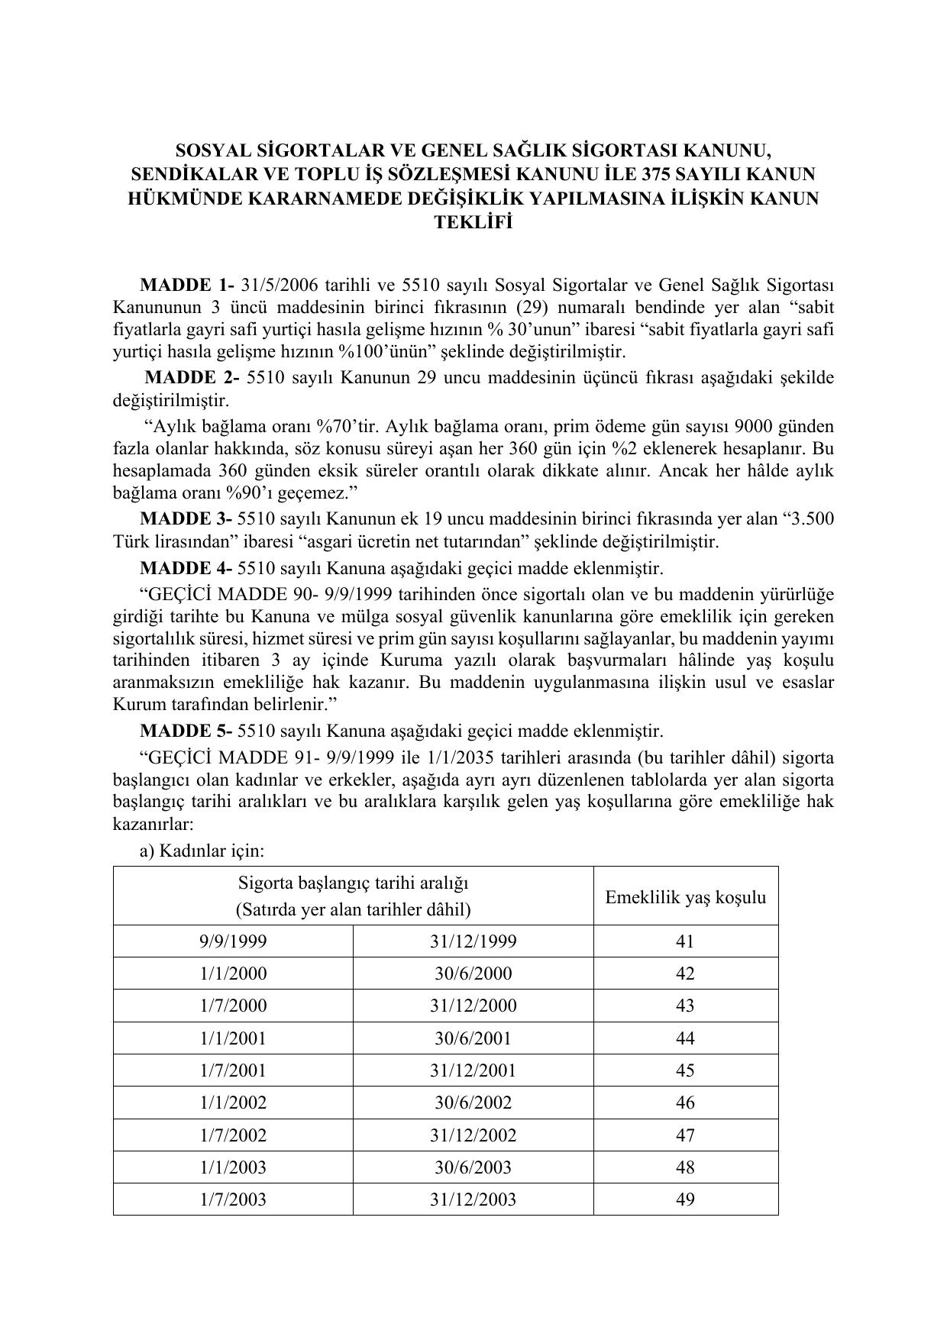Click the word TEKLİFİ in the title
(473, 222)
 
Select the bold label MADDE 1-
(187, 286)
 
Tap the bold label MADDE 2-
(192, 378)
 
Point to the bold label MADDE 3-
(186, 519)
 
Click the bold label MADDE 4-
(186, 568)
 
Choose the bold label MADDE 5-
(186, 731)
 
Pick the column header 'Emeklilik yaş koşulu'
(685, 896)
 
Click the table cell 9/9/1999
(233, 941)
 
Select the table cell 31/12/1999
(473, 941)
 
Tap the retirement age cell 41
(685, 941)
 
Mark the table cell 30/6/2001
(473, 1038)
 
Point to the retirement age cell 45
(685, 1070)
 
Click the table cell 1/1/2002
(233, 1103)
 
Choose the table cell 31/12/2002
(473, 1135)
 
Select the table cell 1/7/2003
(233, 1200)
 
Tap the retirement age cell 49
(685, 1200)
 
